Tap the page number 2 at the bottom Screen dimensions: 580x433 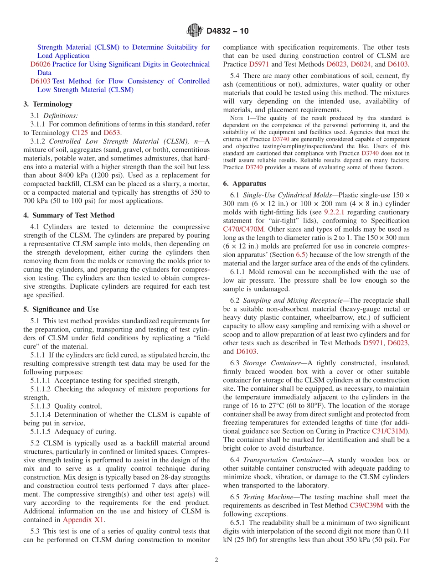pos(216,560)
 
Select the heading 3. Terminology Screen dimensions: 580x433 pos(48,104)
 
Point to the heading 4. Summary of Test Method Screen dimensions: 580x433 pos(69,215)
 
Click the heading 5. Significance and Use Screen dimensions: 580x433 pos(61,309)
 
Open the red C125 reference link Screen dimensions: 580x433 pos(80,133)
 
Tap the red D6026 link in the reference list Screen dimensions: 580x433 pos(40,64)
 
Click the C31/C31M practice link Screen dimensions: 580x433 pos(388,431)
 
